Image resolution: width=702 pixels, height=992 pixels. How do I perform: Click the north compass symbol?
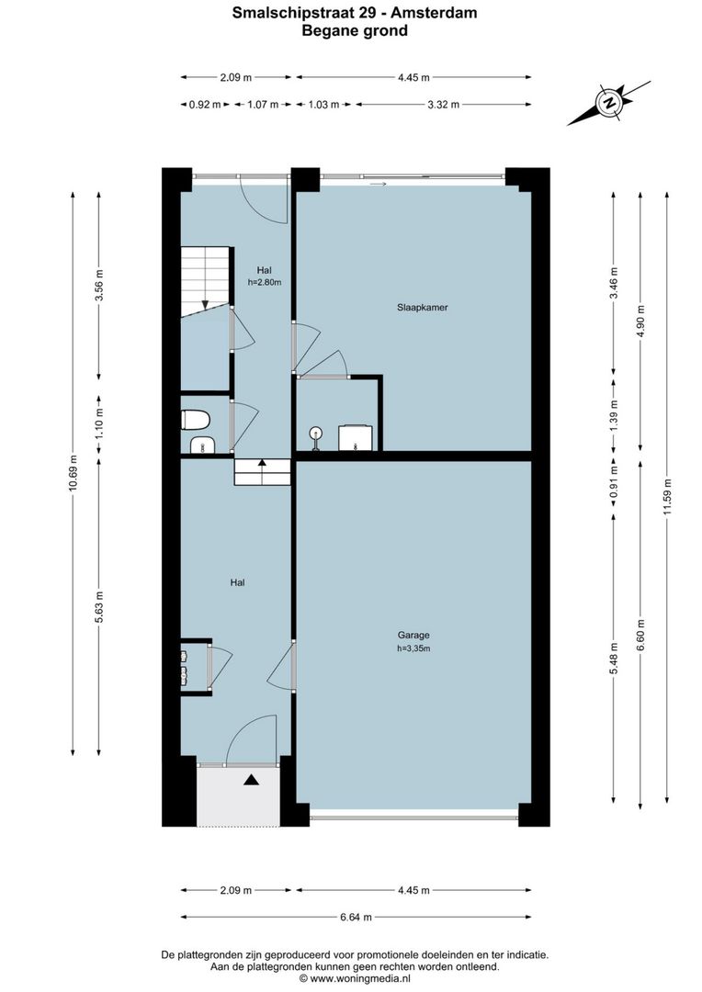(x=607, y=103)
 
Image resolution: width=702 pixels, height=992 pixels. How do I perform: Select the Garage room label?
(x=413, y=635)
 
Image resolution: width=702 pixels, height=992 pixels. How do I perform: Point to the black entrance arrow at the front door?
(x=251, y=781)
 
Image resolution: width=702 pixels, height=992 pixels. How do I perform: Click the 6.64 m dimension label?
(x=356, y=916)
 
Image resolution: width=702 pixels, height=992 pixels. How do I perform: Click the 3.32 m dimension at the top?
(x=444, y=105)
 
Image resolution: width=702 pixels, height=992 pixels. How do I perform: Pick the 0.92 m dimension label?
(x=204, y=105)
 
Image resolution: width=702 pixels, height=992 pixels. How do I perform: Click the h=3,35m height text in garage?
(x=413, y=648)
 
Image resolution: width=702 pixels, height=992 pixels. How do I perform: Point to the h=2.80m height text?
(x=265, y=283)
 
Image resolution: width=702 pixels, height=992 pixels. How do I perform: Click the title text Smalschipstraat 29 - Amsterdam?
(x=355, y=13)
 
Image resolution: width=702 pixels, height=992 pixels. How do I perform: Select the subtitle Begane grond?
(x=355, y=30)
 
